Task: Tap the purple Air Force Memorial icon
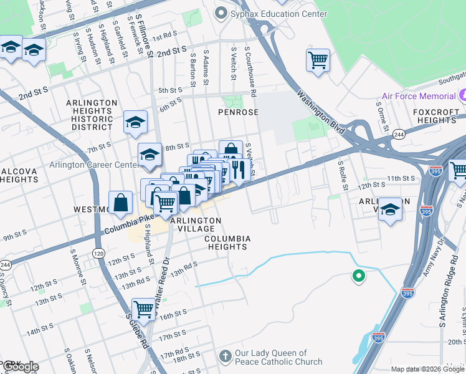pyautogui.click(x=462, y=97)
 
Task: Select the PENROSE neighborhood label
pyautogui.click(x=237, y=112)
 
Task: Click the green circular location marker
pyautogui.click(x=358, y=276)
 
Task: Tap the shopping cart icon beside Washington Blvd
pyautogui.click(x=318, y=61)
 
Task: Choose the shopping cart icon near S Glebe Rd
pyautogui.click(x=144, y=308)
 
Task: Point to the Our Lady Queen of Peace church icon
pyautogui.click(x=226, y=357)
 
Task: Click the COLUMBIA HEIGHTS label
pyautogui.click(x=227, y=242)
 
